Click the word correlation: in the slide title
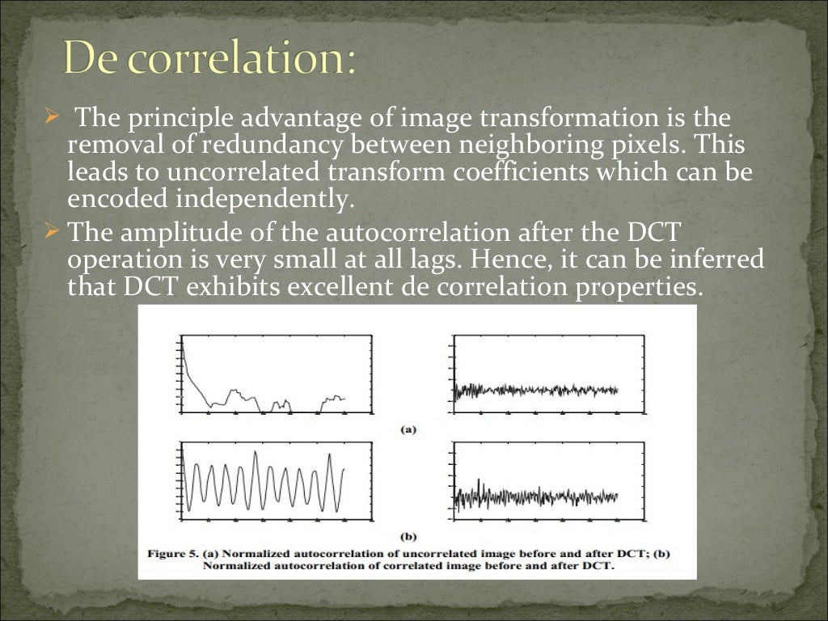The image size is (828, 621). [243, 61]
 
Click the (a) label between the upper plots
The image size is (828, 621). [408, 429]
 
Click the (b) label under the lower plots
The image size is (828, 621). [408, 535]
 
